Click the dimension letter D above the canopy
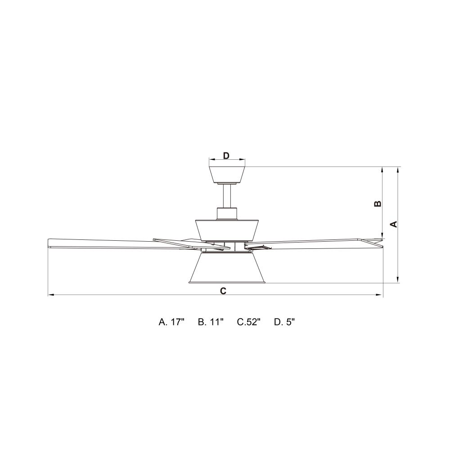click(x=226, y=156)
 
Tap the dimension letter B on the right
click(x=378, y=203)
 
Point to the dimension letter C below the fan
click(x=223, y=291)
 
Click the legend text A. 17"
click(x=171, y=322)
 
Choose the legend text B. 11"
click(x=211, y=322)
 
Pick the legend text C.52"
click(x=248, y=322)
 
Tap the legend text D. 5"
click(x=284, y=322)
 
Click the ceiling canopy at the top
click(x=227, y=175)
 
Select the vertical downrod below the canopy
click(x=227, y=196)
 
